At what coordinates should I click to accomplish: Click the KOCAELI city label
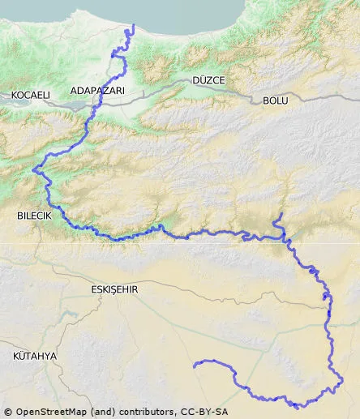coord(30,96)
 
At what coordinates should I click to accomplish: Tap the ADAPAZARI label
coord(97,92)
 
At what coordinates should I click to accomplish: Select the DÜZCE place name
coord(208,80)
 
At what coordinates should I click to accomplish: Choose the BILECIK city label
coord(34,216)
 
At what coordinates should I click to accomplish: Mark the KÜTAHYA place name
coord(35,356)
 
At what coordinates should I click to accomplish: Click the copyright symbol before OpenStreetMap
coord(7,412)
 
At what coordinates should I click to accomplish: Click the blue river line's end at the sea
coord(132,26)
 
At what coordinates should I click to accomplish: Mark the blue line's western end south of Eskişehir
coord(195,366)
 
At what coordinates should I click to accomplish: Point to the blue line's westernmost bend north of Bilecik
coord(34,170)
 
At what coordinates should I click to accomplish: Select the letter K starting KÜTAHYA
coord(16,356)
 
